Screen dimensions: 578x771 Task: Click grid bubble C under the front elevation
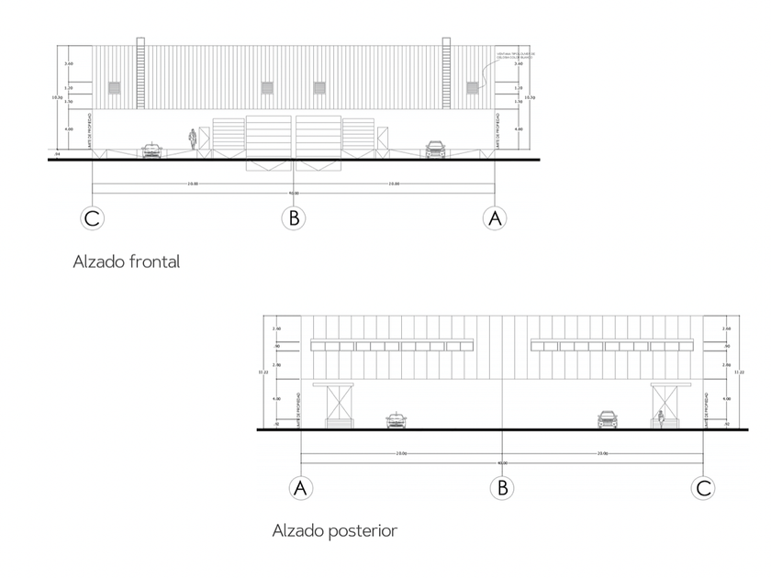click(x=92, y=218)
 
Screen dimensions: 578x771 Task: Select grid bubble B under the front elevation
click(x=293, y=218)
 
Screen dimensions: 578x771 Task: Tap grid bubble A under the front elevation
click(x=495, y=218)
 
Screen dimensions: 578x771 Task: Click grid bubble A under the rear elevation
click(x=301, y=488)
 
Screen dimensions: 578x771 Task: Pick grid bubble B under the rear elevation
click(x=502, y=488)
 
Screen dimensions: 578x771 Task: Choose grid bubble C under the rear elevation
click(x=704, y=488)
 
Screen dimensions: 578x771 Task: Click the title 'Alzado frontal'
click(x=126, y=261)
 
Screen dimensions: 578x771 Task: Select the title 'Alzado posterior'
click(x=334, y=530)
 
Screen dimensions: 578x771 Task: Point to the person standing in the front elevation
click(x=192, y=139)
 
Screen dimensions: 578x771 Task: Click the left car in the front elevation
click(x=151, y=149)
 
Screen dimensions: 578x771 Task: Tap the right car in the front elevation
click(x=435, y=149)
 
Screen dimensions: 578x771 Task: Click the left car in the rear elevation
click(x=396, y=419)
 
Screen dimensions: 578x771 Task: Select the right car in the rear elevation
click(x=608, y=419)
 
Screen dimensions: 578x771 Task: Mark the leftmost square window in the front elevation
click(x=115, y=88)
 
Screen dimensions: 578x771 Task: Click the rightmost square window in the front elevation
click(x=472, y=88)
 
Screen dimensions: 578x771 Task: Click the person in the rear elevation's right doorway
click(x=660, y=418)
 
